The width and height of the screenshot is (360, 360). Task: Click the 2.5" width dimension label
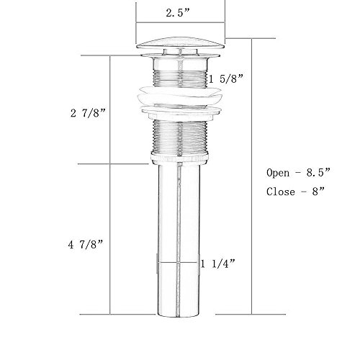point(178,13)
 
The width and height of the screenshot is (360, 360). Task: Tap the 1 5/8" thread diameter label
point(226,78)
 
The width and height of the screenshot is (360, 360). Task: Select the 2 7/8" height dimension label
point(88,112)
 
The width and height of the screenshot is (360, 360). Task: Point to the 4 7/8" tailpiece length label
point(86,245)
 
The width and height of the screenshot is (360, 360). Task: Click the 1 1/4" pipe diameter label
point(217,264)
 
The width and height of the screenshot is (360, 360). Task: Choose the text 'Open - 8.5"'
point(299,173)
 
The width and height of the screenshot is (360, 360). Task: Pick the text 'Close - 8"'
point(296,192)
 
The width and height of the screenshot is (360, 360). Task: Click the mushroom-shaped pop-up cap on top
point(180,42)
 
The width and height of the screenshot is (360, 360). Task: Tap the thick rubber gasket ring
point(179,96)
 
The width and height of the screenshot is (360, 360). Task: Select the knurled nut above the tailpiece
point(180,158)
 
